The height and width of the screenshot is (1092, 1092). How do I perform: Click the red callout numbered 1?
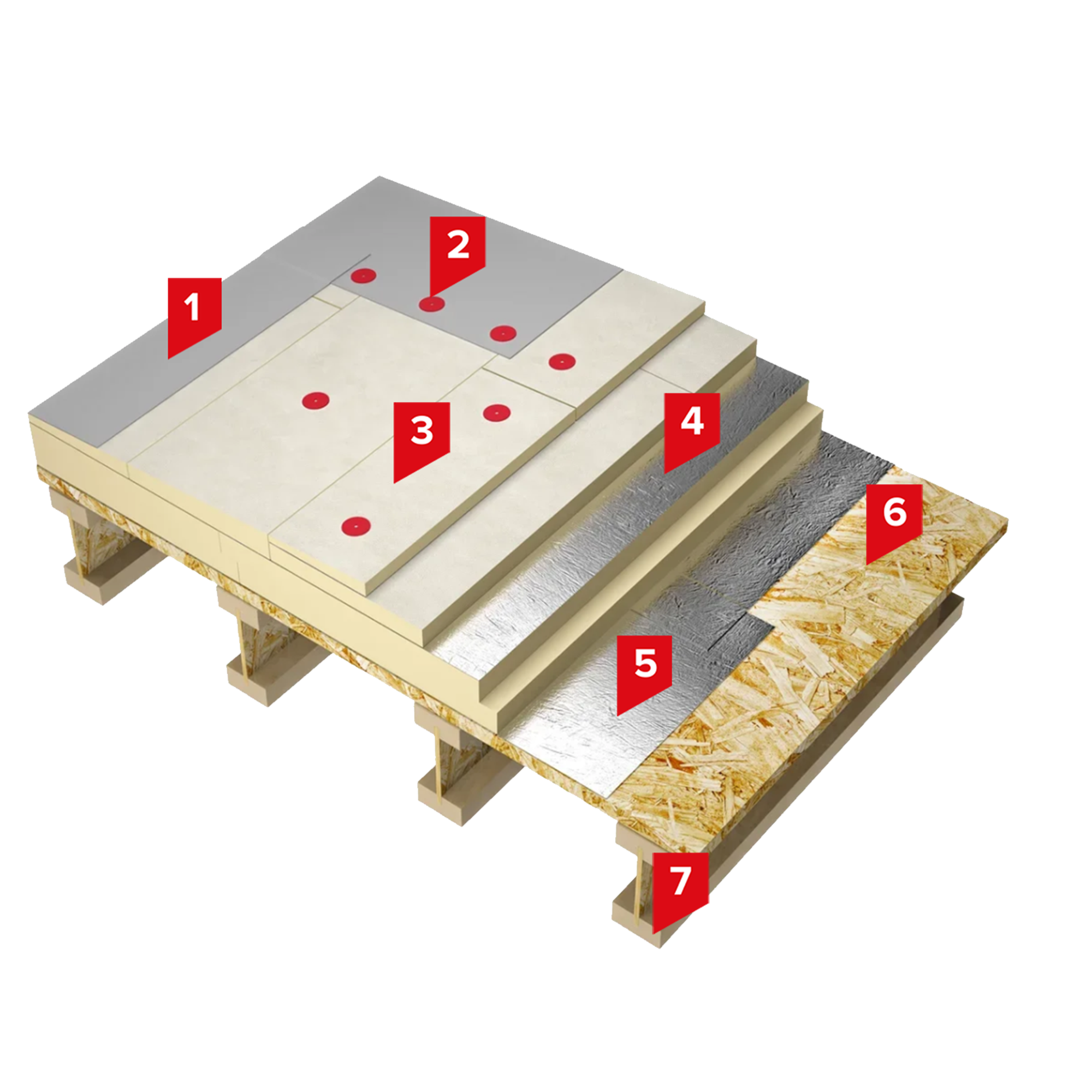[x=194, y=314]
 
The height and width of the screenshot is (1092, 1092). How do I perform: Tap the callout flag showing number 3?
[x=422, y=437]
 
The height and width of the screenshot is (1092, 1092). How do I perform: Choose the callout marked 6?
[x=894, y=519]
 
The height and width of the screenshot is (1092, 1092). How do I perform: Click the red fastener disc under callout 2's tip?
[x=431, y=305]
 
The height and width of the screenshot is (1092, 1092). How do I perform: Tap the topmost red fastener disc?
[x=363, y=276]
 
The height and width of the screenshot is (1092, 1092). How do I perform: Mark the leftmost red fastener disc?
[x=316, y=401]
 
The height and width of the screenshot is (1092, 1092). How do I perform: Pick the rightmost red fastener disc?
[x=561, y=360]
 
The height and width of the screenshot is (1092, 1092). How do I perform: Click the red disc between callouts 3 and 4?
[x=497, y=413]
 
